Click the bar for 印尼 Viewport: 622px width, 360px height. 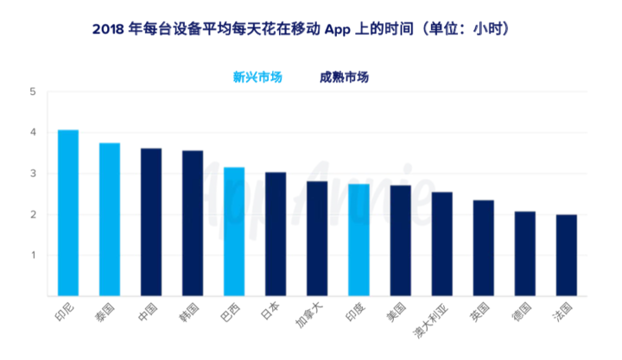tap(68, 212)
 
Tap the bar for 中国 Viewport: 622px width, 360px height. tap(151, 222)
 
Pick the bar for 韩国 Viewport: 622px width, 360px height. tap(193, 224)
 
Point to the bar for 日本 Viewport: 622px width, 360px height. tap(276, 234)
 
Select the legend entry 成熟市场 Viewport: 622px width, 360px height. tap(344, 77)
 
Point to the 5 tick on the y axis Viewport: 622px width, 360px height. tap(32, 92)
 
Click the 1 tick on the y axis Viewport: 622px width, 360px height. tap(32, 256)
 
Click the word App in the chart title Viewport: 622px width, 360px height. tap(339, 29)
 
